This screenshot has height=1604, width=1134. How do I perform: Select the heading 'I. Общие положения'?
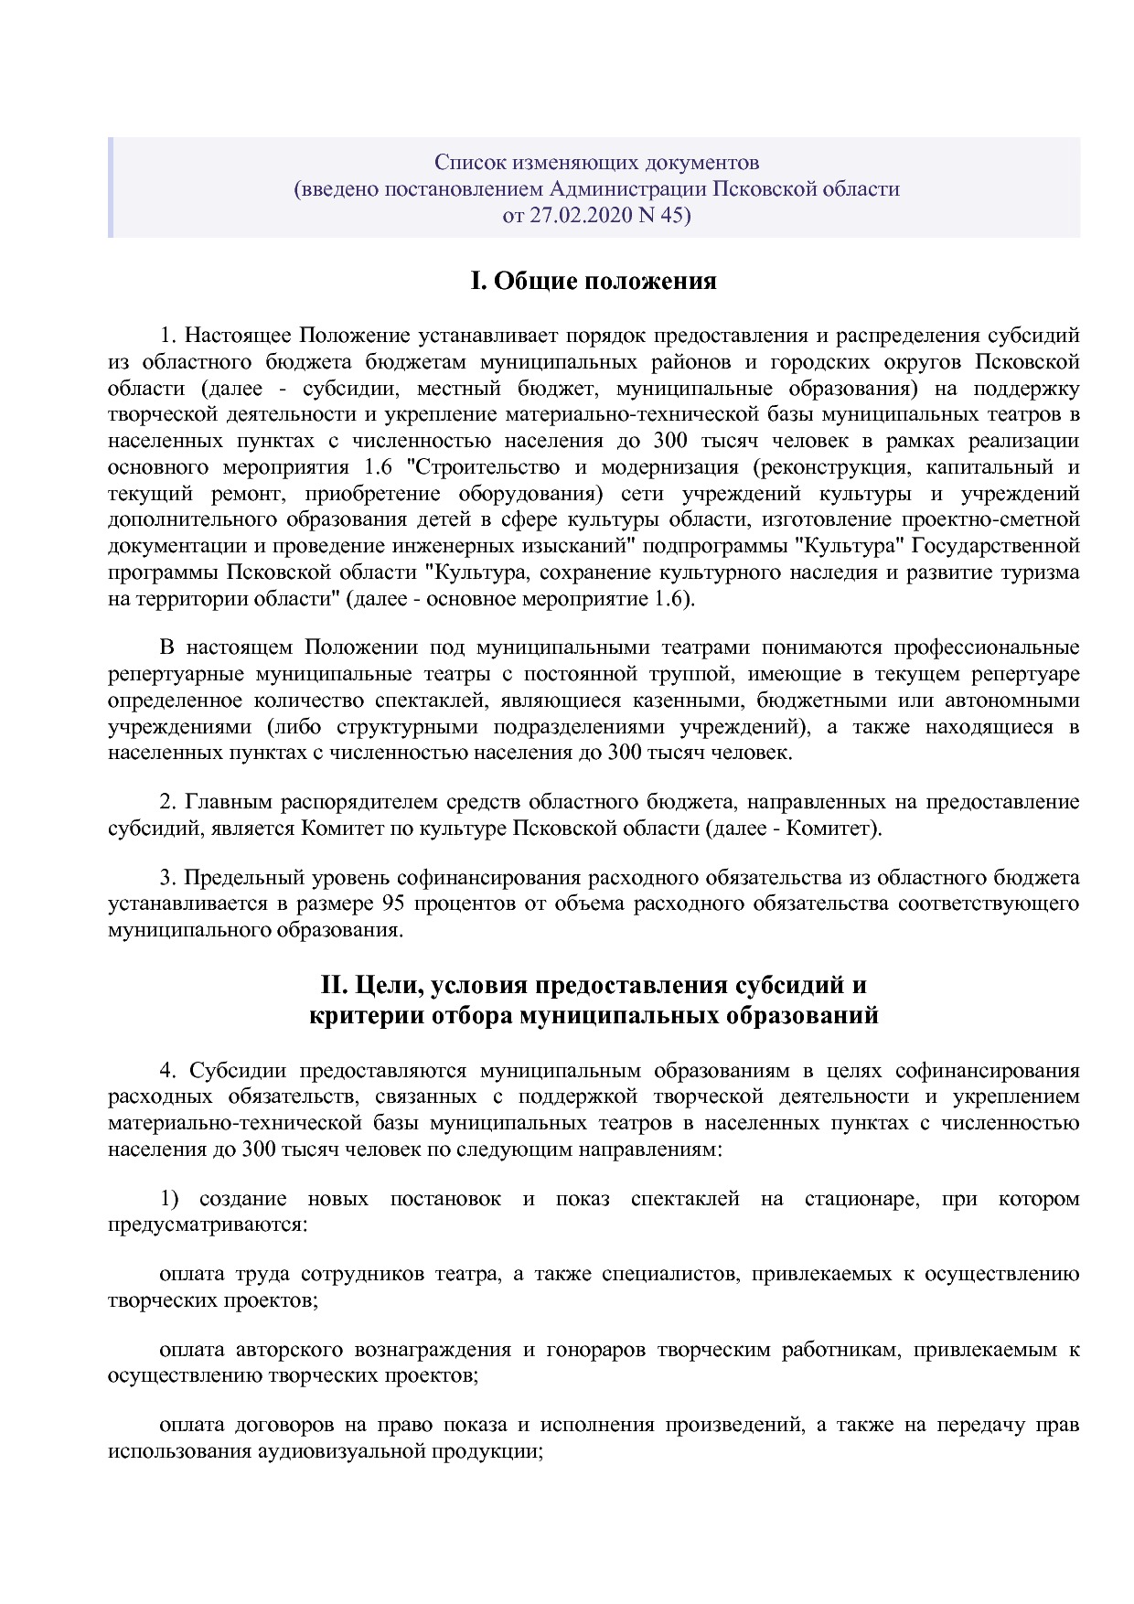[593, 281]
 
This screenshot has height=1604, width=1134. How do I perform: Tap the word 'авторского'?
[289, 1350]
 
